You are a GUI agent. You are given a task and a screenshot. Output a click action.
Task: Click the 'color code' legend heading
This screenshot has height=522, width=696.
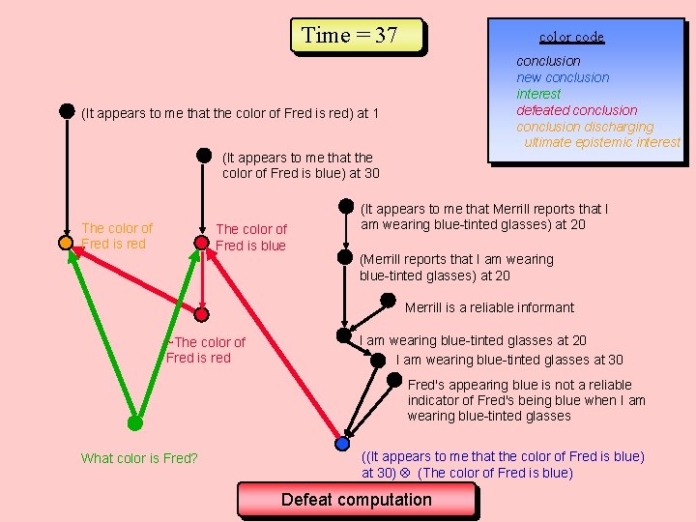point(571,37)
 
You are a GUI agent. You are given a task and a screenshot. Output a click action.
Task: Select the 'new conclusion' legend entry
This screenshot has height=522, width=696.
point(563,77)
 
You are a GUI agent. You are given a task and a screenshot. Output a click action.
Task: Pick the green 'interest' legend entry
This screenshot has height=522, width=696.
point(538,94)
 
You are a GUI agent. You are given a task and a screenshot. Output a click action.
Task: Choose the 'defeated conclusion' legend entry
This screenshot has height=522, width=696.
point(577,110)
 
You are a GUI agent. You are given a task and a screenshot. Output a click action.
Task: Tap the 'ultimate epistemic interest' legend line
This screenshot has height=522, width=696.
point(602,142)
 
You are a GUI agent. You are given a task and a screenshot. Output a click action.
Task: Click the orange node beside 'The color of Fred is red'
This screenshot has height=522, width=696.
point(66,243)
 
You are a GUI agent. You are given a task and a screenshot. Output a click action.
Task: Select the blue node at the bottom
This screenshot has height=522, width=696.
point(342,444)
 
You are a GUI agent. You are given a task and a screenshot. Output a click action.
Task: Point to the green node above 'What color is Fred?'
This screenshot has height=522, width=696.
point(135,422)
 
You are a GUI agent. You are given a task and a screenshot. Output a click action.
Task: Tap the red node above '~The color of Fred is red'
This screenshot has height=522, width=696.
point(202,314)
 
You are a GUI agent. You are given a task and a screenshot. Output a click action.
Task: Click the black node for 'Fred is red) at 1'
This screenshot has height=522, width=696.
point(67,111)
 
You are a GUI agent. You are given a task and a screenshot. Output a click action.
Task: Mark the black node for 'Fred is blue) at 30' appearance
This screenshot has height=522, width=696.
point(204,154)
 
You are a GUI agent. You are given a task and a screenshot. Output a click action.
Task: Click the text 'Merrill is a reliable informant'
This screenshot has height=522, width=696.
point(489,307)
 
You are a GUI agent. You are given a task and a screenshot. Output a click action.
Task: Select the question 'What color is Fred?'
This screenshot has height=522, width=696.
point(139,458)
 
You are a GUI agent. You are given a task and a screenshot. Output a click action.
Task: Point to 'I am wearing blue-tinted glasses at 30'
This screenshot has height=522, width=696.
point(509,360)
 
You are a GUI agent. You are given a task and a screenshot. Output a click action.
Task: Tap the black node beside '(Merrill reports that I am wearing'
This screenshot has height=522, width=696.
point(344,257)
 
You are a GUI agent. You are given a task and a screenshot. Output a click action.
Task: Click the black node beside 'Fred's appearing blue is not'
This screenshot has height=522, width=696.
point(393,380)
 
